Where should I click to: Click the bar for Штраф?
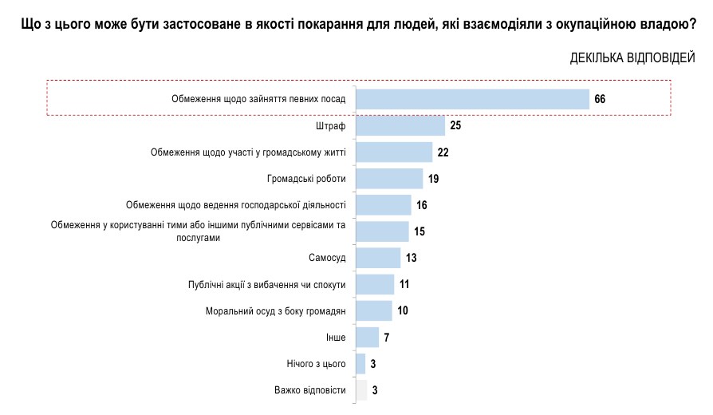[400, 125]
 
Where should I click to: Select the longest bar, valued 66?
[472, 99]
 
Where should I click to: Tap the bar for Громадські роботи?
[389, 178]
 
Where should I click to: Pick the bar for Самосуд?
[378, 258]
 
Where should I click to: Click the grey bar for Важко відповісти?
[361, 390]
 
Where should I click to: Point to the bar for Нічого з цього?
[360, 364]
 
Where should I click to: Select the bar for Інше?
[367, 337]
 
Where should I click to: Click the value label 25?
[455, 125]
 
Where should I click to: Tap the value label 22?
[443, 152]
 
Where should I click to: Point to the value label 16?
[422, 205]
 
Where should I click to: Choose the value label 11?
[404, 284]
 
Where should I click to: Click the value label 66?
[601, 99]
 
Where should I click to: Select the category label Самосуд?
[327, 258]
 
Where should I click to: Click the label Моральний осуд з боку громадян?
[275, 310]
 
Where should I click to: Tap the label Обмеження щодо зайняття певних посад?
[258, 99]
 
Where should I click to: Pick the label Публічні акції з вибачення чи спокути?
[266, 284]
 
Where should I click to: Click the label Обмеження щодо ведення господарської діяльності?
[236, 205]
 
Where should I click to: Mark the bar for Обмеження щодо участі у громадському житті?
[394, 152]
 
